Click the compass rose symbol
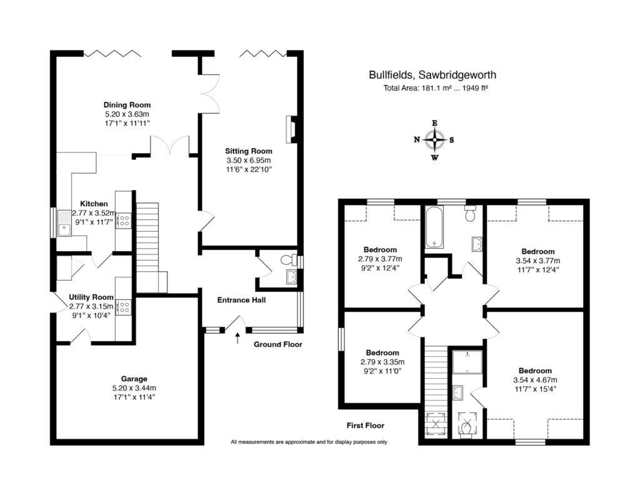click(435, 140)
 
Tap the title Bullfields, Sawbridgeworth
click(432, 75)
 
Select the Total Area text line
click(436, 87)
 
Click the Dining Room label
click(127, 105)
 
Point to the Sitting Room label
click(249, 151)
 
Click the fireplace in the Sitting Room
click(292, 129)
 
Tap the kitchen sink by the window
click(64, 223)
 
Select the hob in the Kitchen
click(123, 221)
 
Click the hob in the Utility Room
click(123, 307)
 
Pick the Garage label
click(134, 379)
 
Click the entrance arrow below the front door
click(237, 338)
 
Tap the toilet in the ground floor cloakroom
click(288, 259)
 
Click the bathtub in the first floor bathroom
click(434, 227)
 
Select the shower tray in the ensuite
click(467, 361)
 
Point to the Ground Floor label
click(278, 344)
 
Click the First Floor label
click(365, 426)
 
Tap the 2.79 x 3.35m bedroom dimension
click(382, 362)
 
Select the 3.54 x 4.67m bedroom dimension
click(535, 380)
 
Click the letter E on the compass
click(435, 123)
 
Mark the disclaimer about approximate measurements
click(309, 442)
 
